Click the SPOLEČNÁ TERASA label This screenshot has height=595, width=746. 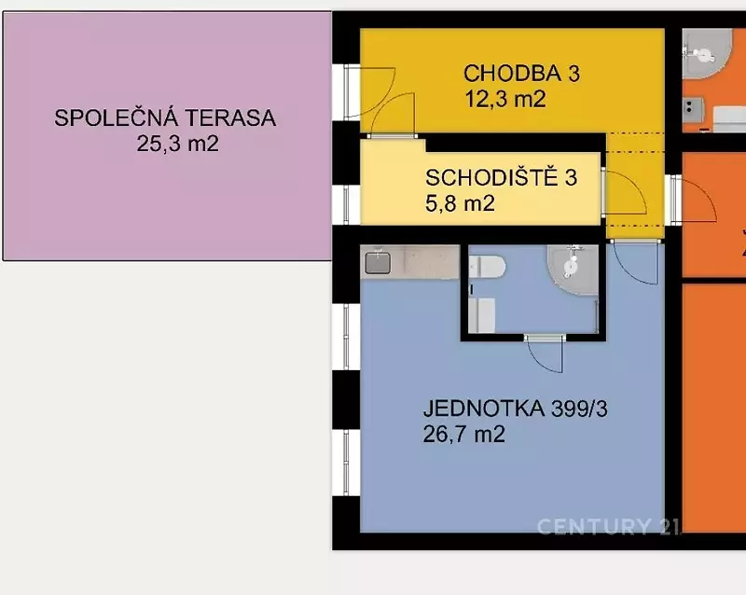tap(165, 118)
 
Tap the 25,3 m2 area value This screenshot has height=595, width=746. tap(177, 144)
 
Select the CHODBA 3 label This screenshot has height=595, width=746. tap(521, 74)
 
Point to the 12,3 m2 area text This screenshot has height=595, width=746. tap(504, 99)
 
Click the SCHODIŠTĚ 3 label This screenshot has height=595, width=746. tap(501, 177)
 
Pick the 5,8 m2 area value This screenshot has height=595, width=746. tap(460, 203)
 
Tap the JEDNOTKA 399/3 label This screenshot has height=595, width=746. tap(516, 408)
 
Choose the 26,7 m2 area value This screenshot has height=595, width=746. tap(463, 434)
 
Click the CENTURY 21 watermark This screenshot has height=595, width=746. tap(609, 527)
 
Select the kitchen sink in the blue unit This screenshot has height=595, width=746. tap(378, 263)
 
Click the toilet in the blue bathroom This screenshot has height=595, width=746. tap(487, 267)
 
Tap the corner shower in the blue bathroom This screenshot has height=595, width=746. tap(573, 270)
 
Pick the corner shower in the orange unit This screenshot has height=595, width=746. tap(707, 53)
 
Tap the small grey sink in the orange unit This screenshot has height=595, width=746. tap(693, 109)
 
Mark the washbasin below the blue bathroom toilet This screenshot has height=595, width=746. tap(482, 315)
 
